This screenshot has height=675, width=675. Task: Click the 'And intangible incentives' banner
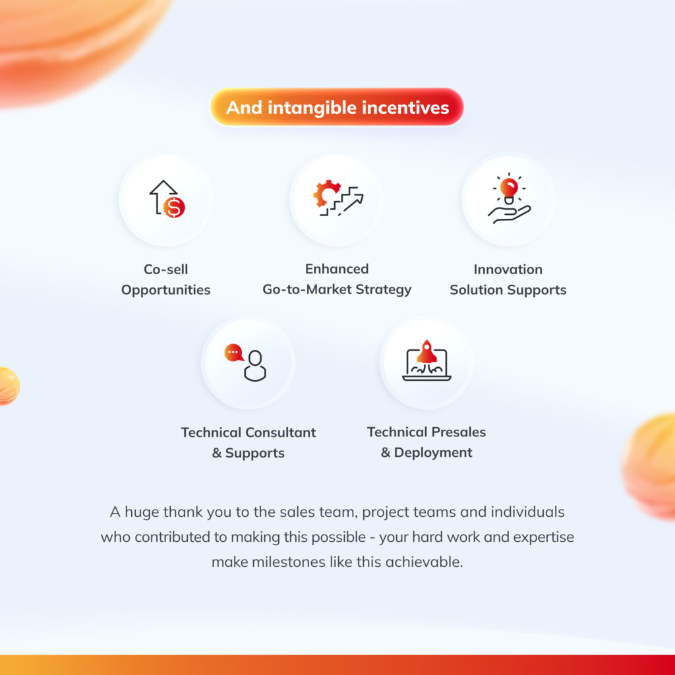[x=337, y=107]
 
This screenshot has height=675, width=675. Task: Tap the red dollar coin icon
[x=174, y=207]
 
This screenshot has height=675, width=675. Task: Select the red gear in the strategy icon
[x=325, y=193]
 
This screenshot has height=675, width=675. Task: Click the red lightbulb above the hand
[x=509, y=188]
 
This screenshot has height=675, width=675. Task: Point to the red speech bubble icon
[x=234, y=353]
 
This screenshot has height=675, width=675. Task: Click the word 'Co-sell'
[x=165, y=270]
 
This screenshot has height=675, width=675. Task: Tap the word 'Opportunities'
[x=165, y=290]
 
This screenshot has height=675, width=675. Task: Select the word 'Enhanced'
[x=337, y=269]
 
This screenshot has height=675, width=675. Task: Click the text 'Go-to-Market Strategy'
[x=337, y=290]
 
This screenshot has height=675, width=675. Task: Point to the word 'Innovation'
[x=508, y=270]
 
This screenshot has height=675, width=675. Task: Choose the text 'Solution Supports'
[x=508, y=290]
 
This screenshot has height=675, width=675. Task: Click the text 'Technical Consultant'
[x=249, y=432]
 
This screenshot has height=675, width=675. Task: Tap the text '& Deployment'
[x=426, y=452]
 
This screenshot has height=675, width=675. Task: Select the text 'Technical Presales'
[x=426, y=432]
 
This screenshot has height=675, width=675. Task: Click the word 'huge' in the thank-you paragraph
[x=142, y=512]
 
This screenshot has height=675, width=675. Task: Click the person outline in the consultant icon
[x=255, y=366]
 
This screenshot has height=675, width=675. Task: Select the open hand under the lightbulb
[x=510, y=214]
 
